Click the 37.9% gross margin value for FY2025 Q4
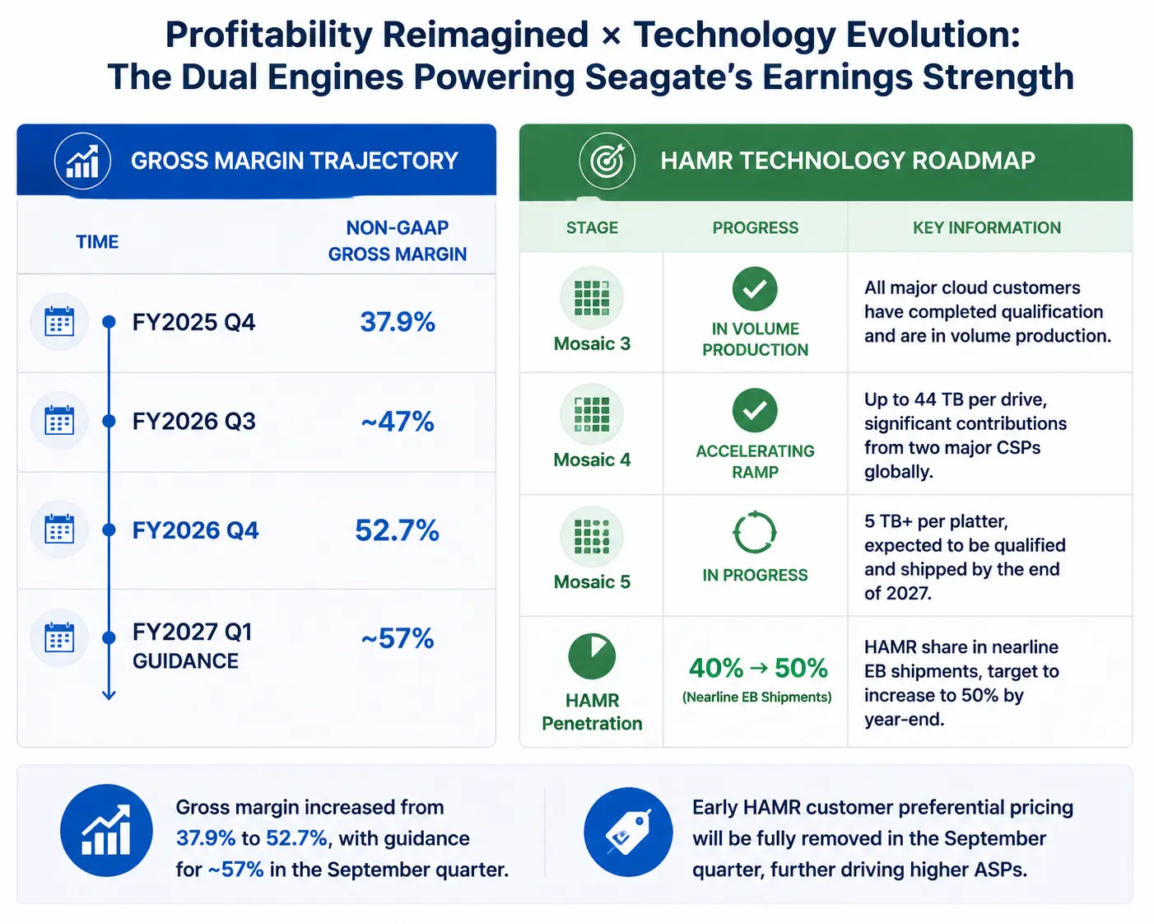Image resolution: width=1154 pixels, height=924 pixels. click(x=398, y=322)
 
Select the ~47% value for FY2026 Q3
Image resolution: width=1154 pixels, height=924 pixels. click(x=398, y=421)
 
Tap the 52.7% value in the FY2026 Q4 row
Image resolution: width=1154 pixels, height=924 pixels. click(x=398, y=530)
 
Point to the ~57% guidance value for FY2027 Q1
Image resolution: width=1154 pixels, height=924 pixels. click(x=398, y=638)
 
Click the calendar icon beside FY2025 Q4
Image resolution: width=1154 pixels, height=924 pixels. click(x=59, y=321)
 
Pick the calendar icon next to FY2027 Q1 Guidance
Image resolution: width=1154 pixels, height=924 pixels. click(x=59, y=637)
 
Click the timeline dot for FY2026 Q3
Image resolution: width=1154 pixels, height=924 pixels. click(x=109, y=421)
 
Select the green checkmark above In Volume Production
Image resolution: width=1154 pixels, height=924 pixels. click(x=755, y=289)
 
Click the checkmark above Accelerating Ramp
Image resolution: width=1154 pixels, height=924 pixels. click(x=755, y=410)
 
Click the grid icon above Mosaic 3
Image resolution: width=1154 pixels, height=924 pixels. click(x=592, y=297)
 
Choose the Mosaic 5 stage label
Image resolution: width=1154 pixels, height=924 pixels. click(x=592, y=581)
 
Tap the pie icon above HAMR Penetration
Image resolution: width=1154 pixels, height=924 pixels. click(x=592, y=657)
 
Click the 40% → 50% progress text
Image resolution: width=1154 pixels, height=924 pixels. click(x=758, y=669)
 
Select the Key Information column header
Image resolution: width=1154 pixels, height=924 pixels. click(x=987, y=227)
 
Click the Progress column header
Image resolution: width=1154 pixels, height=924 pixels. click(x=755, y=227)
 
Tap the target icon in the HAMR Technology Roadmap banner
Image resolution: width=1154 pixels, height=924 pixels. click(x=607, y=160)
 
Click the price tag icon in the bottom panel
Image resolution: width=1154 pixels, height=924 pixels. click(x=628, y=832)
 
